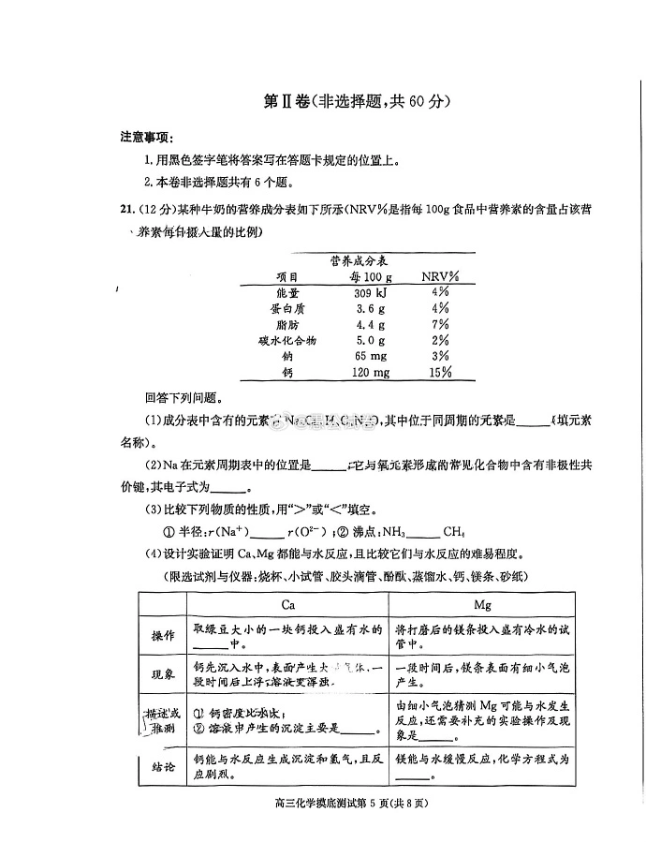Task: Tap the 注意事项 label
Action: pos(147,137)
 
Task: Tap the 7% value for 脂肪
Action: pos(440,325)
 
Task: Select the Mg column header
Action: pos(483,605)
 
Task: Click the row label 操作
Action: pos(164,636)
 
